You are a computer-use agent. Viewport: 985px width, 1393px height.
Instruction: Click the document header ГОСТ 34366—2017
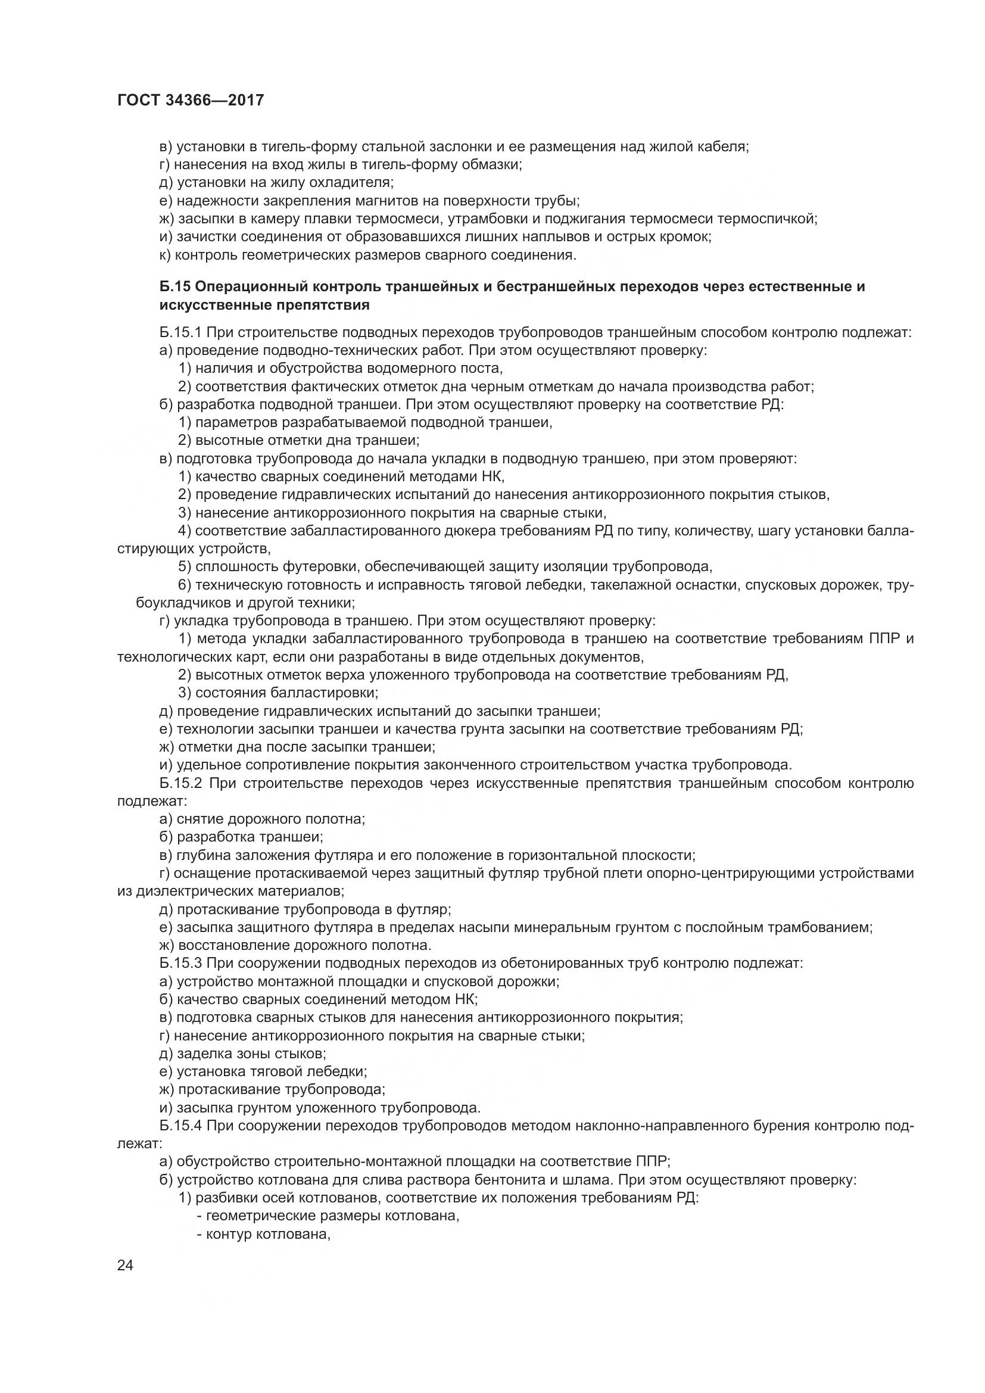[191, 100]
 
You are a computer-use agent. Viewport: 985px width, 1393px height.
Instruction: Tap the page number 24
[126, 1265]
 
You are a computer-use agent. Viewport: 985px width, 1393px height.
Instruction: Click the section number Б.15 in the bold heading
[175, 286]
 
